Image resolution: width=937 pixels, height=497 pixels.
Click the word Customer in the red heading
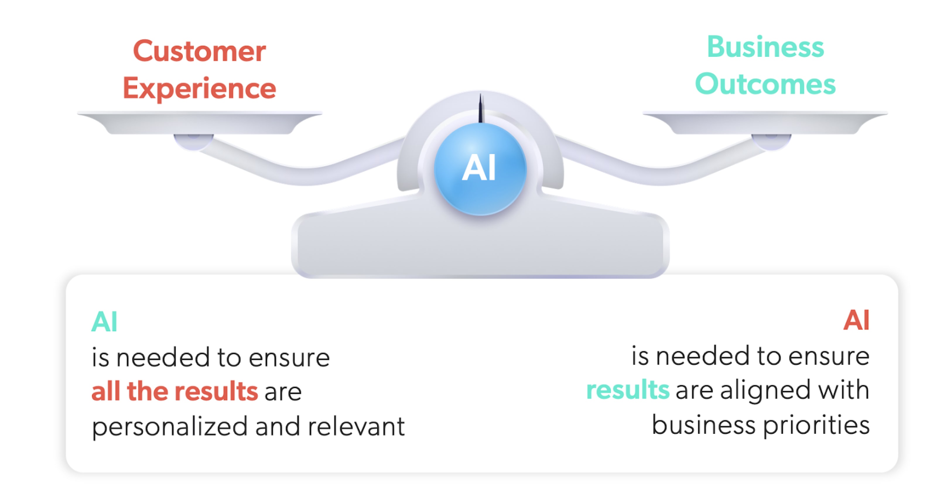[199, 51]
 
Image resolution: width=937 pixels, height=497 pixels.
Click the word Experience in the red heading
[199, 88]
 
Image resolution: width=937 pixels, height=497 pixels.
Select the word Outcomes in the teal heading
[765, 84]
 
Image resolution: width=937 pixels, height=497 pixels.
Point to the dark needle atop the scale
[481, 108]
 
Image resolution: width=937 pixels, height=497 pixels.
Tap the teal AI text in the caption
[104, 322]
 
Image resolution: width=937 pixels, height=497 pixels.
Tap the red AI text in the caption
[856, 320]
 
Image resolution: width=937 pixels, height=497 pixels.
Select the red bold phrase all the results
[175, 392]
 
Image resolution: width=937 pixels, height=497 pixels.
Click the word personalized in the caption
[170, 427]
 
